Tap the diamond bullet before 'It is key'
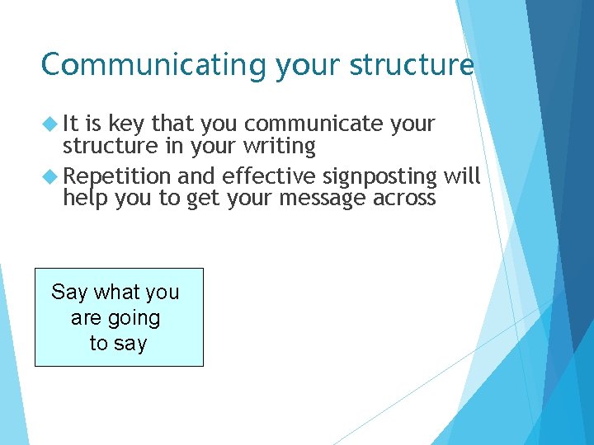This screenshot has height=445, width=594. click(51, 124)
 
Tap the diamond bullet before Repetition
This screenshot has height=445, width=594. click(51, 176)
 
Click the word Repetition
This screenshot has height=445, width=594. click(116, 176)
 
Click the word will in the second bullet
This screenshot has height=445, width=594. click(463, 176)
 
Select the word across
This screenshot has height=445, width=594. click(405, 199)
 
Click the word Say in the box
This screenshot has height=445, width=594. click(69, 293)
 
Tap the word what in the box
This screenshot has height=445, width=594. click(115, 293)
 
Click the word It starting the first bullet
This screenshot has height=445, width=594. click(71, 124)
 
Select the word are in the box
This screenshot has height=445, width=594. click(87, 318)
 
